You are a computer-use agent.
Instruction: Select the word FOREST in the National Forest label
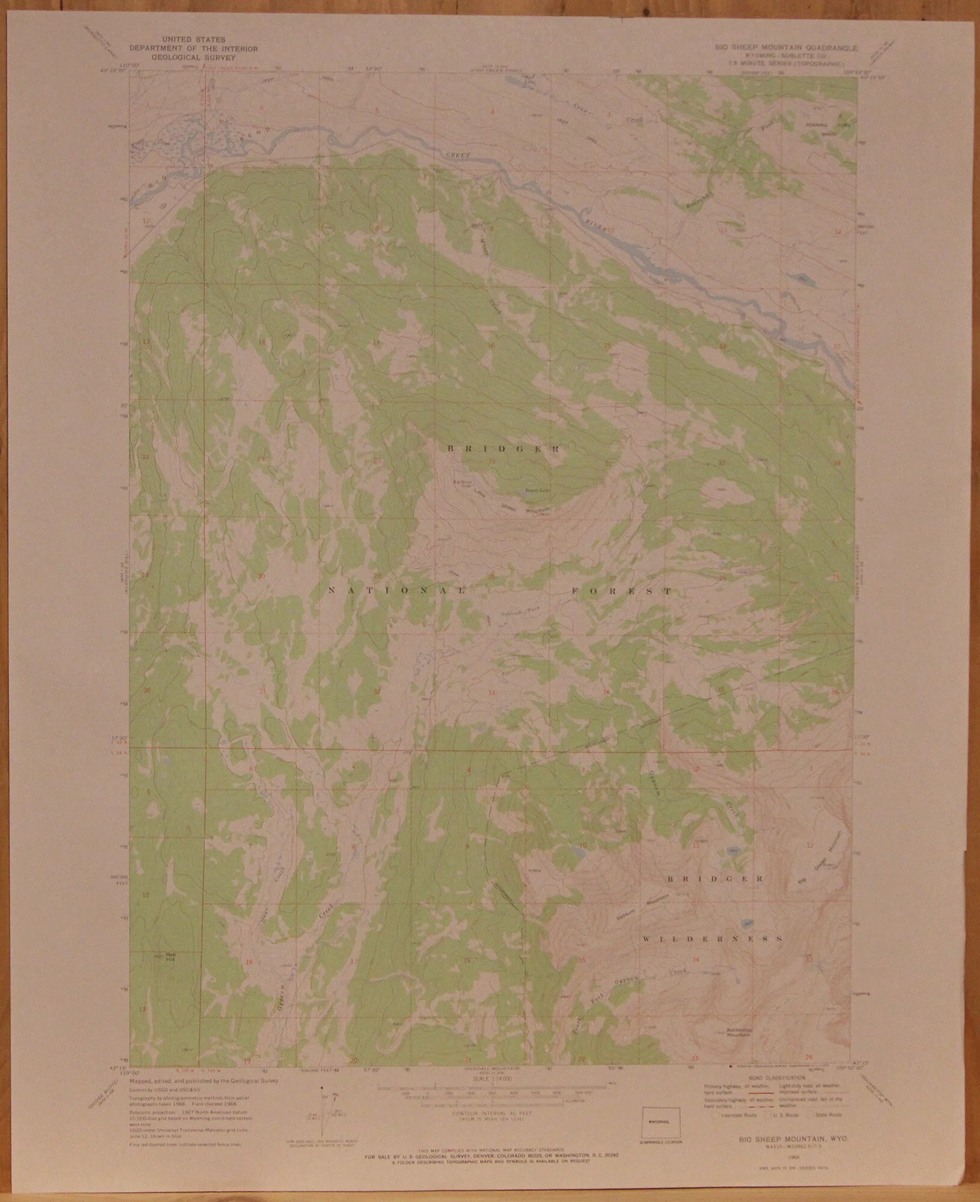[621, 591]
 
